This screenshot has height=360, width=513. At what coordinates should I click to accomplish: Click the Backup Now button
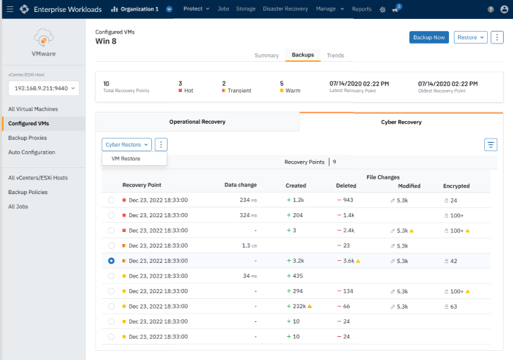pos(429,37)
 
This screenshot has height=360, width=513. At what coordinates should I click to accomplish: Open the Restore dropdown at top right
pos(470,37)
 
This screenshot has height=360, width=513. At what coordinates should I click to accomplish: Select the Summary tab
pos(266,56)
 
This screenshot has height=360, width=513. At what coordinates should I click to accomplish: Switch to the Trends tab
pos(335,56)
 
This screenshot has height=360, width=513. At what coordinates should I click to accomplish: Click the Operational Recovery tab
pos(197,122)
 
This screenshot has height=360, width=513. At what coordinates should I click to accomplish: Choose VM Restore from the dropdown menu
pos(126,159)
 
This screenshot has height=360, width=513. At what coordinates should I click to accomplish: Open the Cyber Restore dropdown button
pos(126,144)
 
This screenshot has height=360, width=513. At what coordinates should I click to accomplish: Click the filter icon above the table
pos(491,145)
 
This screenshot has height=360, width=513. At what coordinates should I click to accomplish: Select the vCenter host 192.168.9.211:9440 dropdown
pos(44,89)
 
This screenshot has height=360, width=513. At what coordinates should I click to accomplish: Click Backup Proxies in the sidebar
pos(27,138)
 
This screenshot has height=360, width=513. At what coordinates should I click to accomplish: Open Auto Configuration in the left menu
pos(32,152)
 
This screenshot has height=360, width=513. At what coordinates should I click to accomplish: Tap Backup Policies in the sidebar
pos(28,192)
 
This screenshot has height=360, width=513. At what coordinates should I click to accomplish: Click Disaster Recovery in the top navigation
pos(285,9)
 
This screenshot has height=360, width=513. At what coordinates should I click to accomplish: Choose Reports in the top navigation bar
pos(362,9)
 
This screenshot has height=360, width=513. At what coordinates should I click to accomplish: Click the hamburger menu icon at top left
pos(10,9)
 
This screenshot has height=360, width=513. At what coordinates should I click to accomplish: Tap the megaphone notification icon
pos(396,9)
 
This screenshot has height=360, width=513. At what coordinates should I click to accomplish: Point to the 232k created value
pos(299,307)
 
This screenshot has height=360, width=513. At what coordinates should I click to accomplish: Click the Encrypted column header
pos(456,186)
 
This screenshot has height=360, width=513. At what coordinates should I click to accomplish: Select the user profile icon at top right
pos(504,9)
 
